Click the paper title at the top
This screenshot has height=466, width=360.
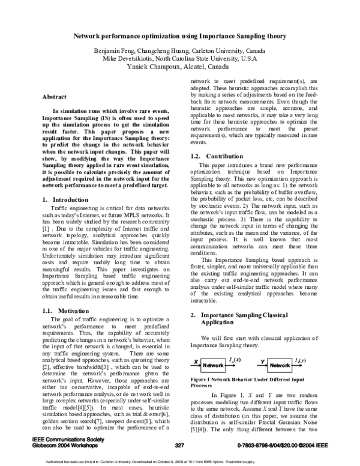pos(180,36)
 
